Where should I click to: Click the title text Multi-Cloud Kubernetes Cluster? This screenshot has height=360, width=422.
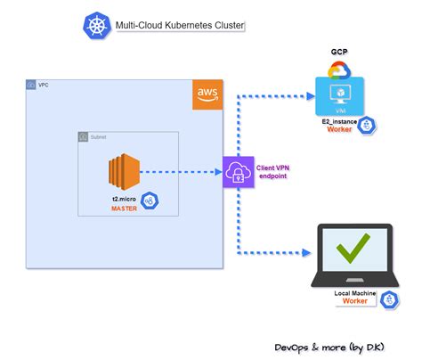[177, 27]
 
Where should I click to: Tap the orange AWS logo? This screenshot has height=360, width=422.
[207, 95]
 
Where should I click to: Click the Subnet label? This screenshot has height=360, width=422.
[99, 137]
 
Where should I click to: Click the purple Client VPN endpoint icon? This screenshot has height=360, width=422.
[237, 172]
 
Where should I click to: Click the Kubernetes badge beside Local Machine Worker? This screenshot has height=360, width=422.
[389, 300]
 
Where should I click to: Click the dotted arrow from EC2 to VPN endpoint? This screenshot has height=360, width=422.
[182, 172]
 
